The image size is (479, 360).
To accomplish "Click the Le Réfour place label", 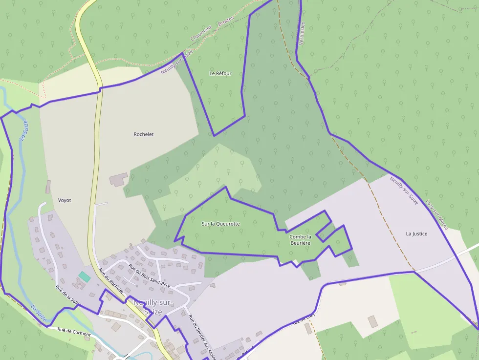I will tap(220, 73).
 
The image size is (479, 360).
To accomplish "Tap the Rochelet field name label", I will tap(144, 134).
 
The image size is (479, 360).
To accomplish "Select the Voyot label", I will tap(65, 200).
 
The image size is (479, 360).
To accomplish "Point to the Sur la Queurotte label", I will tap(221, 224).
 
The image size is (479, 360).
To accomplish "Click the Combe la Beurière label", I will tap(301, 240).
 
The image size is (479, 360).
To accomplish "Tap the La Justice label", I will tap(416, 233).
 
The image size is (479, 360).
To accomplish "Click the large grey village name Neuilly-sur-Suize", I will tap(153, 307).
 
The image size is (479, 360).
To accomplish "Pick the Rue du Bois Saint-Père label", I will tap(149, 275).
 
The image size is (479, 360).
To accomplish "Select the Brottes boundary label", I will tap(226, 21).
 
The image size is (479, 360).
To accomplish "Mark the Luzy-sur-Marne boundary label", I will tap(436, 214).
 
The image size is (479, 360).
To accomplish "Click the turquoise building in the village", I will tap(85, 276).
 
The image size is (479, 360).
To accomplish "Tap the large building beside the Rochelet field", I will tap(118, 179).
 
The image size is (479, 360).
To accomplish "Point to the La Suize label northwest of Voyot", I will tap(23, 130).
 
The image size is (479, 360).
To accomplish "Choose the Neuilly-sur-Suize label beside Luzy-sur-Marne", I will tap(404, 191).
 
